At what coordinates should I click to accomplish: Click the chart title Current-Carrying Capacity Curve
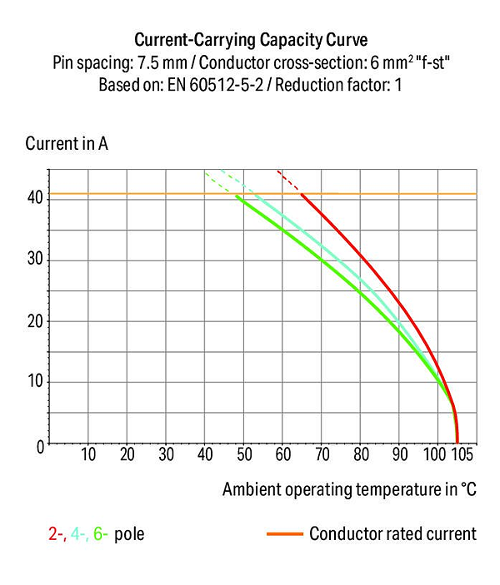[x=251, y=40]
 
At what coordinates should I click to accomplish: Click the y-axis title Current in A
[x=67, y=144]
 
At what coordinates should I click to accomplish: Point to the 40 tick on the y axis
[x=36, y=197]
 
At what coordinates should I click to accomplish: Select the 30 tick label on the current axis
[x=36, y=258]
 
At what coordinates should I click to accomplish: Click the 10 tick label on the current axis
[x=36, y=381]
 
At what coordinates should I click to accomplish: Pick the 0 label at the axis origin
[x=40, y=447]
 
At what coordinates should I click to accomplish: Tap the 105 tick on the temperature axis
[x=462, y=454]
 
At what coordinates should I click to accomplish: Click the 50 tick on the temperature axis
[x=244, y=454]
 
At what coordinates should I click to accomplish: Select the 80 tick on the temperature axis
[x=361, y=454]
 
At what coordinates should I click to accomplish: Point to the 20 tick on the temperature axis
[x=127, y=454]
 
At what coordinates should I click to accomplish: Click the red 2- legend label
[x=57, y=534]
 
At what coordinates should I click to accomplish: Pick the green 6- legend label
[x=101, y=534]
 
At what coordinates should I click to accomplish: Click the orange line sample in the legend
[x=285, y=534]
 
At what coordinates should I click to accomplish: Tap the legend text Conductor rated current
[x=392, y=533]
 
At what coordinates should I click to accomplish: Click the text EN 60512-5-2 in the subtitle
[x=215, y=85]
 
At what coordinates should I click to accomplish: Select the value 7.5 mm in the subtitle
[x=162, y=62]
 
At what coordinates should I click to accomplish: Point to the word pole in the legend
[x=129, y=534]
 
